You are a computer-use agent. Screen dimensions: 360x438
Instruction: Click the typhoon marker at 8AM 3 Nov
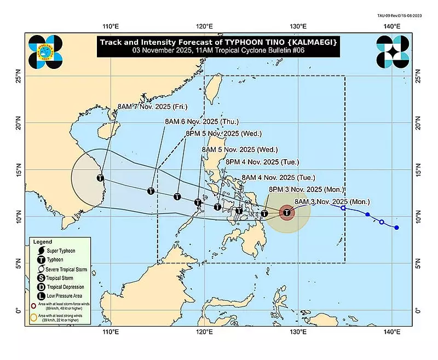tap(287, 213)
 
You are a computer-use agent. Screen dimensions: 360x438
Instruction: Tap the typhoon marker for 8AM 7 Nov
tap(100, 178)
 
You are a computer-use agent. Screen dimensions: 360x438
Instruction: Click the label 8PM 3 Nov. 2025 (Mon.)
tap(306, 189)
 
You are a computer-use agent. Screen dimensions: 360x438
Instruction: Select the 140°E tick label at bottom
tap(390, 332)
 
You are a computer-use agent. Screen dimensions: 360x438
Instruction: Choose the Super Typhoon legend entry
tap(62, 251)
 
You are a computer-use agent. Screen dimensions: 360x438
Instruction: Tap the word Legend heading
tap(42, 242)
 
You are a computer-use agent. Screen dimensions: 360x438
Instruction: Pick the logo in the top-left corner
tap(46, 51)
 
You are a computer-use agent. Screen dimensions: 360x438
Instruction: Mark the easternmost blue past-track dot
tap(396, 228)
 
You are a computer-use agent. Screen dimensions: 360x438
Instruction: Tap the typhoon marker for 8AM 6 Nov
tap(151, 191)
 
